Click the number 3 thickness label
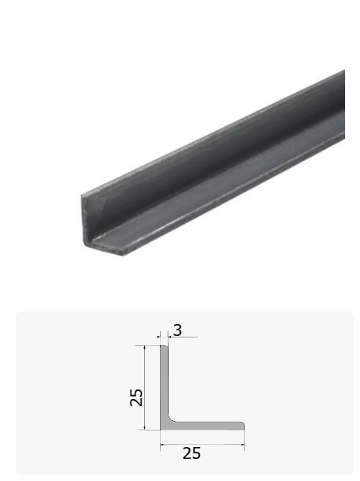[x=178, y=330]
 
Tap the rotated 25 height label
[x=136, y=397]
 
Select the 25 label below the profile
[x=191, y=453]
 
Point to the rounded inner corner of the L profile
[x=170, y=419]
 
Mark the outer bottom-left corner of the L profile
[x=160, y=430]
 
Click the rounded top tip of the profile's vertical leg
[x=164, y=346]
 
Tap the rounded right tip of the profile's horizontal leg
[x=244, y=426]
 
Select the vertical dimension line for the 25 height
[x=144, y=387]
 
